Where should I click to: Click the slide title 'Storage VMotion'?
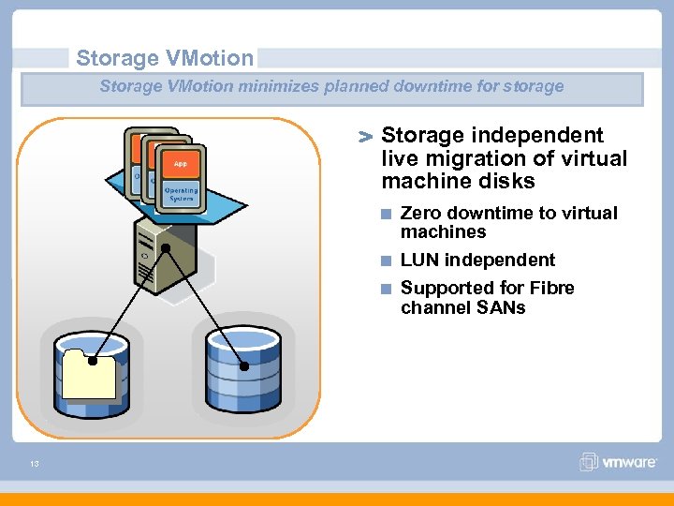pyautogui.click(x=165, y=58)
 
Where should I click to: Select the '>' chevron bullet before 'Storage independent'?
pyautogui.click(x=366, y=138)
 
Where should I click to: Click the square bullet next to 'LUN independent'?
pyautogui.click(x=386, y=260)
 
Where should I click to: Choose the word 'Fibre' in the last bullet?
pyautogui.click(x=549, y=289)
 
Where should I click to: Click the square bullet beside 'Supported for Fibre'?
pyautogui.click(x=386, y=289)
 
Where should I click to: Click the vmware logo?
pyautogui.click(x=617, y=462)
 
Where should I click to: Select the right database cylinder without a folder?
pyautogui.click(x=243, y=366)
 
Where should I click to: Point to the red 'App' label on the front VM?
pyautogui.click(x=180, y=164)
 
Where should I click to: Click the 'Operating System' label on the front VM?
pyautogui.click(x=180, y=194)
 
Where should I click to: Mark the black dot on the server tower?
pyautogui.click(x=166, y=247)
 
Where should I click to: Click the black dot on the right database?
pyautogui.click(x=244, y=366)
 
